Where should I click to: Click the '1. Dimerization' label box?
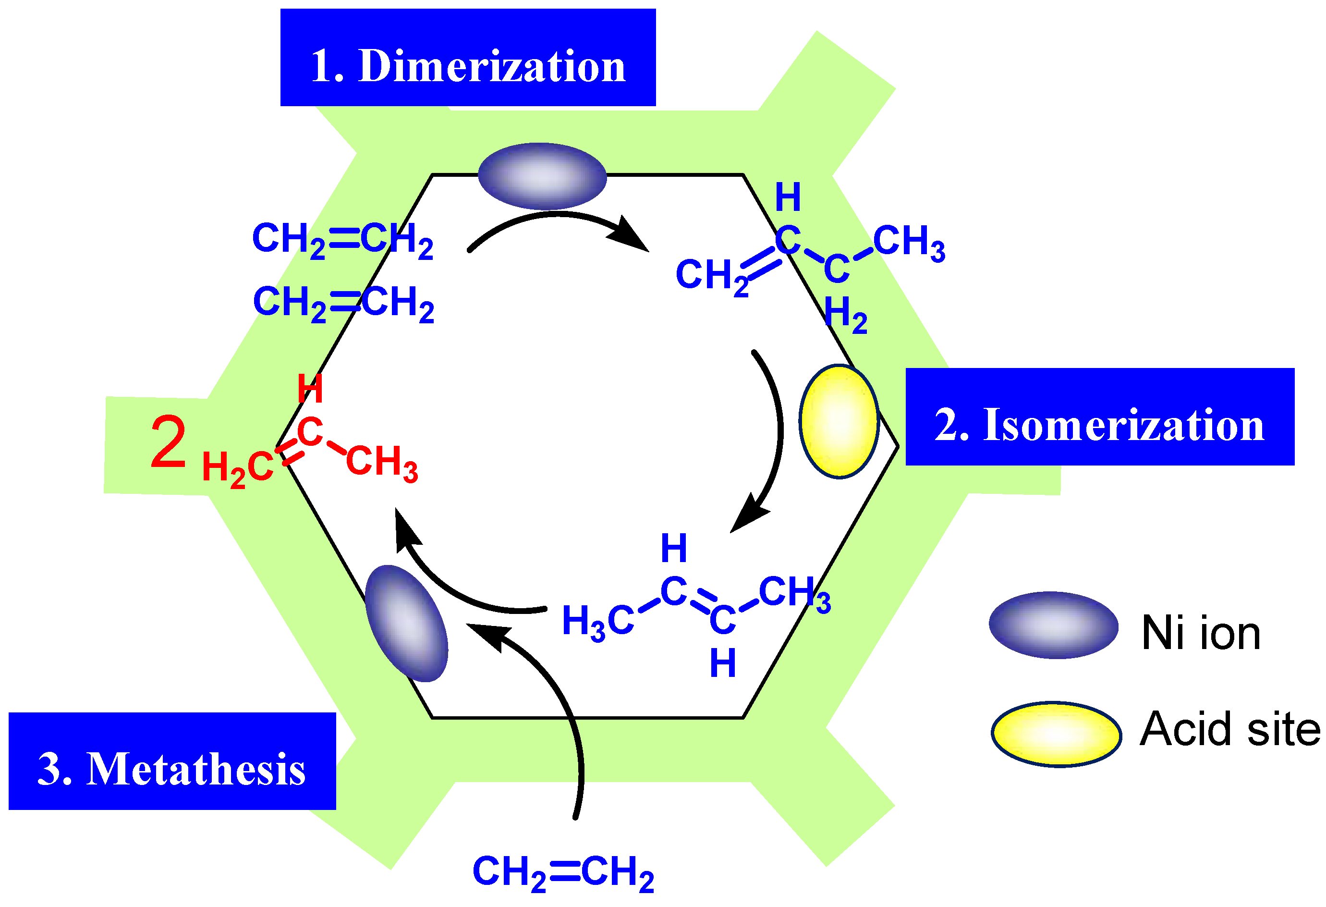pos(468,58)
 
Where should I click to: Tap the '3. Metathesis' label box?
pos(172,761)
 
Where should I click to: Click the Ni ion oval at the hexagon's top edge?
pos(542,176)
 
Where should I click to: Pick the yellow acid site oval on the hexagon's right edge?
pos(839,421)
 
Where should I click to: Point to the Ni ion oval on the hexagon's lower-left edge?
pos(406,623)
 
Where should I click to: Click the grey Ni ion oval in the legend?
pos(1053,625)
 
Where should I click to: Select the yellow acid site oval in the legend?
pos(1056,734)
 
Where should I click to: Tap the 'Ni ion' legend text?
pos(1201,634)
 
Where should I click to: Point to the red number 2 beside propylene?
pos(168,442)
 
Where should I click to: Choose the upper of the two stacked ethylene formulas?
pos(343,240)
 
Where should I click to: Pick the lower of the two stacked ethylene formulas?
pos(343,304)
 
